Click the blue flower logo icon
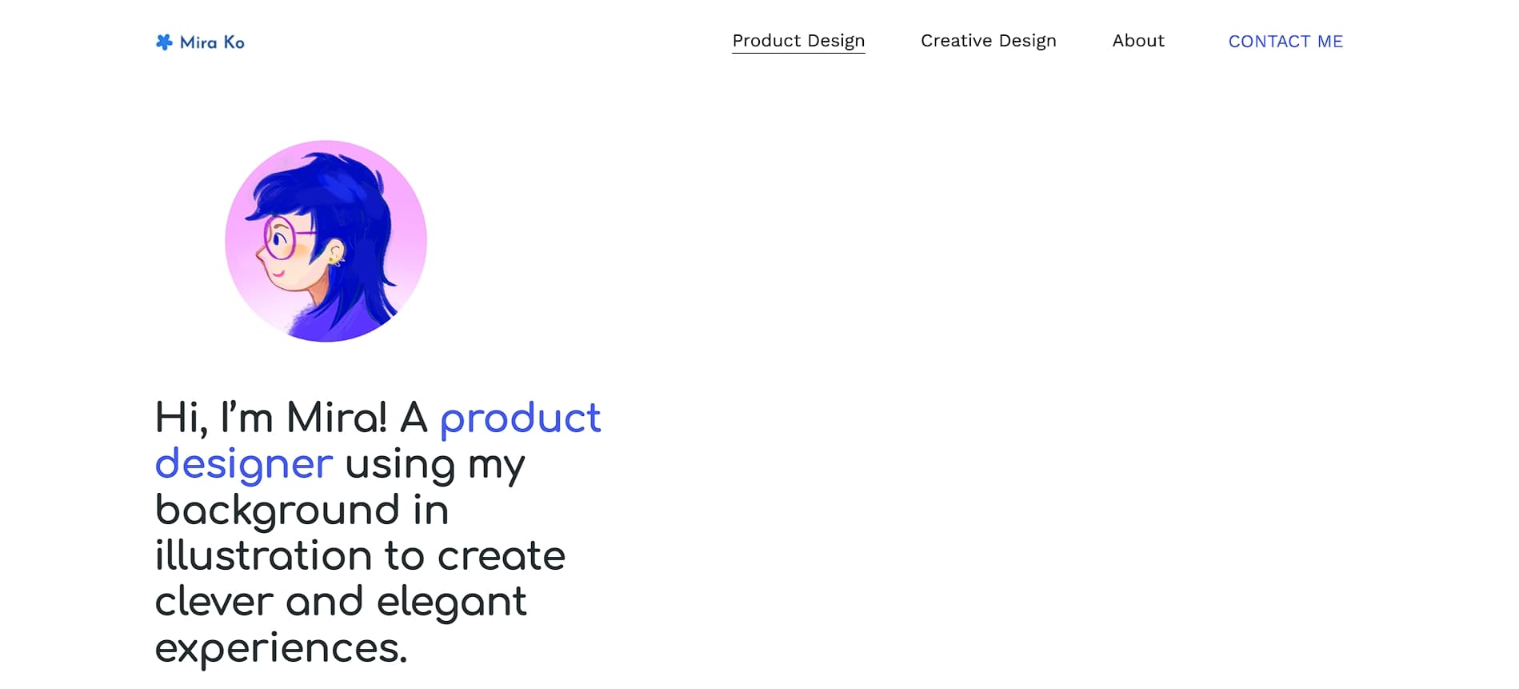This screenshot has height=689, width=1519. (164, 42)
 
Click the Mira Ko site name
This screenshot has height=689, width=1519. (212, 42)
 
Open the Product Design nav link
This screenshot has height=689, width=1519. (798, 41)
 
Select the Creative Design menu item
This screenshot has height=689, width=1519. (989, 41)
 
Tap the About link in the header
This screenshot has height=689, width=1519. (1138, 41)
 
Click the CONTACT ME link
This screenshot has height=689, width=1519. (1285, 42)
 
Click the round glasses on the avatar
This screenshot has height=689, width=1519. (282, 238)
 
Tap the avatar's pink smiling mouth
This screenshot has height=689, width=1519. (277, 274)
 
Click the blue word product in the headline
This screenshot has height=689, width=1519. (521, 419)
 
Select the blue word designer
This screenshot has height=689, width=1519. (244, 465)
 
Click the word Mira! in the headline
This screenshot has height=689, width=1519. (337, 418)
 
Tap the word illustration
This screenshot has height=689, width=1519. (264, 555)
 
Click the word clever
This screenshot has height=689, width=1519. (214, 601)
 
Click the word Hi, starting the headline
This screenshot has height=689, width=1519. (182, 419)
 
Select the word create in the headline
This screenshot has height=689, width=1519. (502, 556)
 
